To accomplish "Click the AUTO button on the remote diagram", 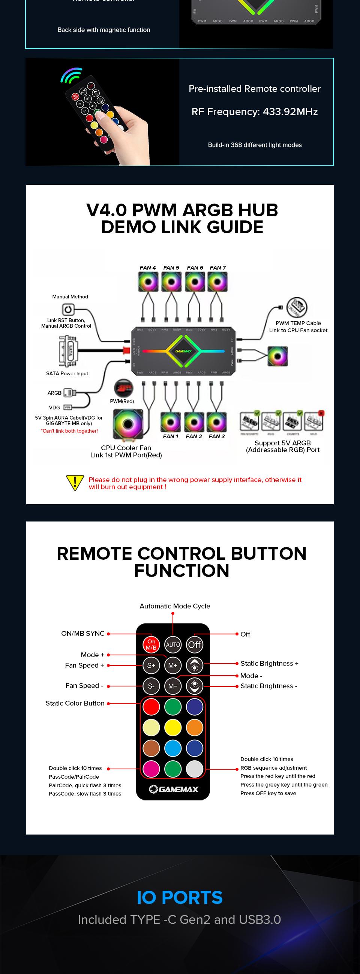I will pos(173,645).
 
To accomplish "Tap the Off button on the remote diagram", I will pos(194,645).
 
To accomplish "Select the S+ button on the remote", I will pos(151,665).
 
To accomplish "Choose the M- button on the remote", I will pos(173,686).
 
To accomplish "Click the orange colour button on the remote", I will pos(195,727).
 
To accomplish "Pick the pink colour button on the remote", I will pos(151,769).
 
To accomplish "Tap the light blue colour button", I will pos(173,748).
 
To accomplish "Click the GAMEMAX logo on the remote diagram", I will pos(174,789).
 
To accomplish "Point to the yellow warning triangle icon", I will pos(75,483).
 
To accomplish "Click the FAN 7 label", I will pos(218,268).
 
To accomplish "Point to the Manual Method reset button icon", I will pos(68,310).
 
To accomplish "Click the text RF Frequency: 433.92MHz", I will pos(255,112).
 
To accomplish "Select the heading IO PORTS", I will pos(180,898).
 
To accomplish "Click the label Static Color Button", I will pos(75,703).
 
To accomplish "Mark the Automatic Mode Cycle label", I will pos(175,606).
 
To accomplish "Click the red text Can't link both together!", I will pos(69,431).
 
